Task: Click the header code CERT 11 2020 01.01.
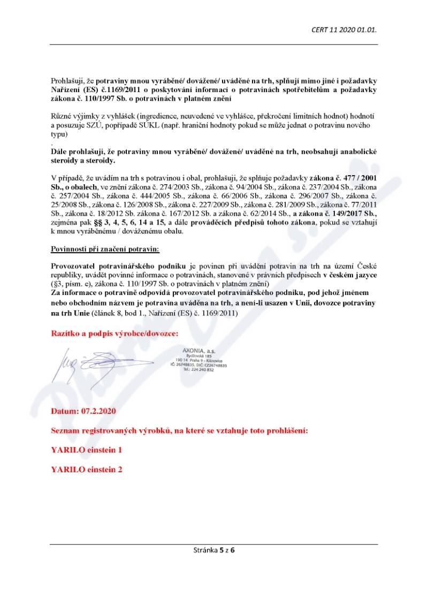344,29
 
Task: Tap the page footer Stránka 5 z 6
214,549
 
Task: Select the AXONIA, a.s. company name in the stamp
198,351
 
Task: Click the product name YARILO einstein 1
87,450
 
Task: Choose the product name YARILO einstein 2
87,469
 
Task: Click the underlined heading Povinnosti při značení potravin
105,250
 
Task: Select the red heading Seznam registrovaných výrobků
179,431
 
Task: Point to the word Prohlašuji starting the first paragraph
66,80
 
